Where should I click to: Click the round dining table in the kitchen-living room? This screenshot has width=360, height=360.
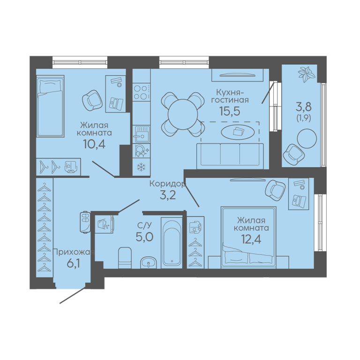pos(183,114)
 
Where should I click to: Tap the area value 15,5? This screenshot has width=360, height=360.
pos(230,111)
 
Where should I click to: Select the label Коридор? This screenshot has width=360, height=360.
pos(167,184)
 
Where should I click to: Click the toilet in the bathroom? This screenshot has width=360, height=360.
pos(125,258)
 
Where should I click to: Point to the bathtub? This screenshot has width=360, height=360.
pos(172,243)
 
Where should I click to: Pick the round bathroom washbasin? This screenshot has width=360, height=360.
pos(148,262)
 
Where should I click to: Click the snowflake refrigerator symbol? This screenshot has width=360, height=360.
pos(141,167)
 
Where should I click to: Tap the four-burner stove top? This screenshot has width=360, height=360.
pos(142,92)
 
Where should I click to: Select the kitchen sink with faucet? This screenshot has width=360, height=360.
pos(142,134)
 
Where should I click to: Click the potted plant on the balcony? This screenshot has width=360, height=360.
pos(305,74)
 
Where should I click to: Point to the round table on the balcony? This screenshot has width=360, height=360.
pos(307,139)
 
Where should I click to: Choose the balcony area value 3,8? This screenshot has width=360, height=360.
pos(304,107)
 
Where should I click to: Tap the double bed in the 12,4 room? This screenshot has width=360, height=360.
pos(248,237)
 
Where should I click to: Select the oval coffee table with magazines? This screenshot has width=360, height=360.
pos(238,132)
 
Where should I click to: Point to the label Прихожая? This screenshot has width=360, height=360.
pos(74,253)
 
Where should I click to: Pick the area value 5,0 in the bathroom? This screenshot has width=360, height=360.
pos(144,237)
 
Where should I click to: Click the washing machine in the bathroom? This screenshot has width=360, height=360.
pos(105,224)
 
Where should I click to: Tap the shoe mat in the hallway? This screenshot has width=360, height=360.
pos(85,222)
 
